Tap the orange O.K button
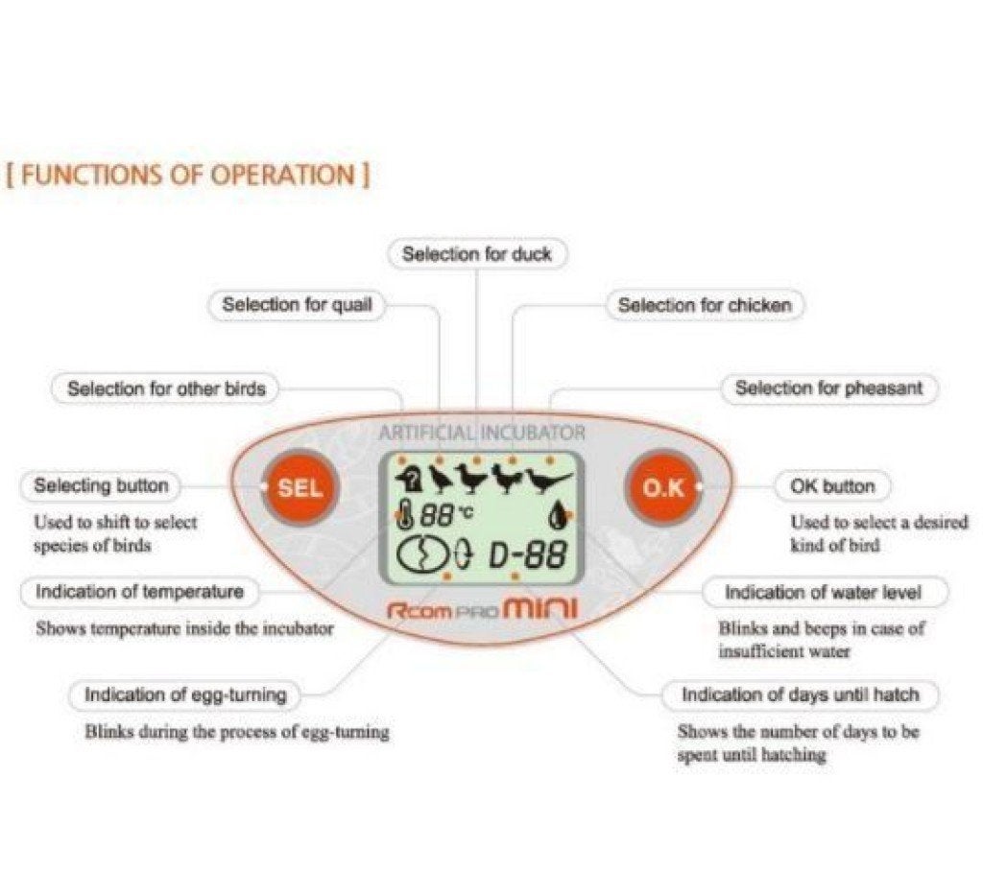(x=664, y=487)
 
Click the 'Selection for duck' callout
(x=477, y=254)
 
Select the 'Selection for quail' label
(x=297, y=305)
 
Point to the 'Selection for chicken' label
(x=705, y=305)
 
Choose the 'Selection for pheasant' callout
(x=828, y=388)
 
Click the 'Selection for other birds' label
(x=165, y=388)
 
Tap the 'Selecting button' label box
(x=101, y=485)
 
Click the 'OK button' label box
(x=832, y=486)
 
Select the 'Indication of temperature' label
(x=139, y=592)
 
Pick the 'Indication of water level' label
(x=823, y=592)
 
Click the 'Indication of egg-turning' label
(x=185, y=694)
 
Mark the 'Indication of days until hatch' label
(x=800, y=694)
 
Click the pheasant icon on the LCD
(x=548, y=480)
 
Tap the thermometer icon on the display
(x=406, y=514)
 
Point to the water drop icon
(x=558, y=516)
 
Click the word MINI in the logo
(x=540, y=608)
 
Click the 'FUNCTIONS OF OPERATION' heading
(x=188, y=175)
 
